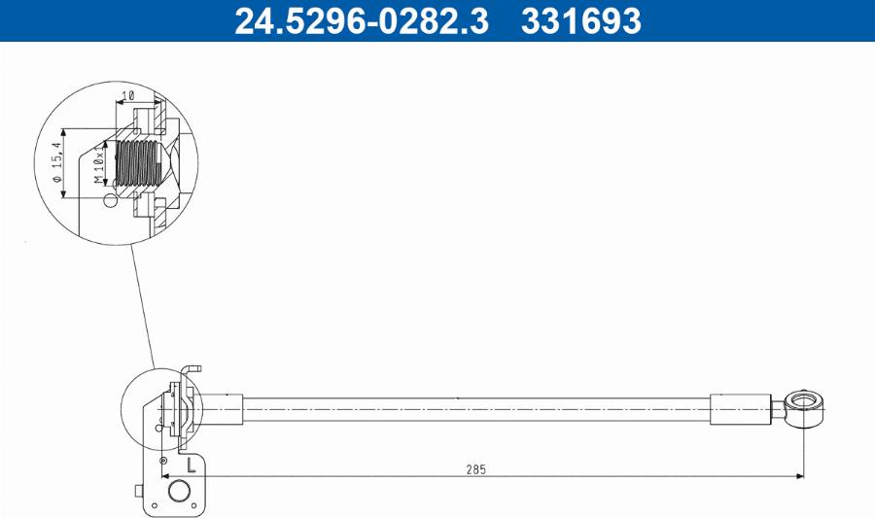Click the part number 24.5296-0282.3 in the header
click(x=361, y=20)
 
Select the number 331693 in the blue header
click(x=581, y=20)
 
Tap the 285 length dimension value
click(x=476, y=469)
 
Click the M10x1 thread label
click(x=99, y=163)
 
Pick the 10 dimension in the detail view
click(x=127, y=96)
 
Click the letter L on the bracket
click(x=191, y=465)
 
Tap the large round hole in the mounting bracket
click(x=179, y=491)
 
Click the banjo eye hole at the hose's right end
click(x=804, y=401)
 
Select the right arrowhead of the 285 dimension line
click(x=800, y=476)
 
